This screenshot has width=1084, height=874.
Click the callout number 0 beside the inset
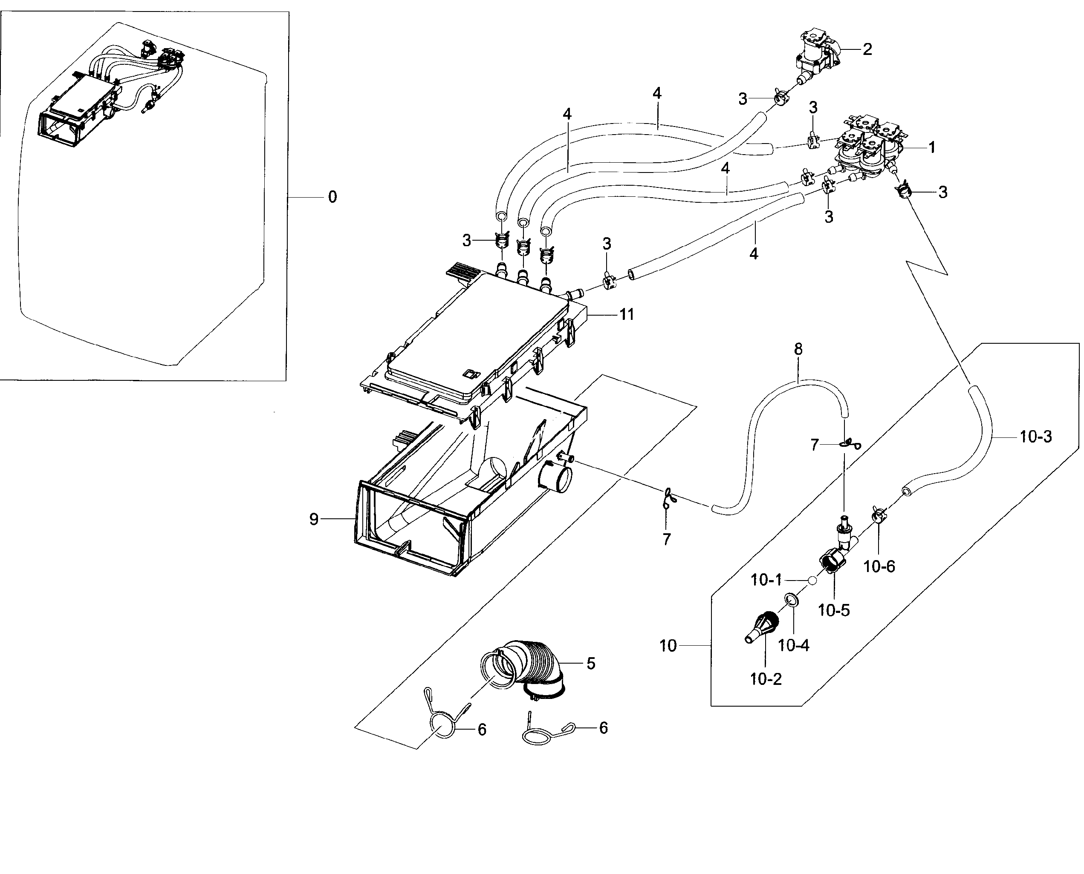point(332,197)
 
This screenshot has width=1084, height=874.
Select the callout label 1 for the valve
point(932,147)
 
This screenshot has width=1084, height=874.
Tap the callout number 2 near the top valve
point(867,49)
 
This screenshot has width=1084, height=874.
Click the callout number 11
point(626,315)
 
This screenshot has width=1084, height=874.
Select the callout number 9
point(314,519)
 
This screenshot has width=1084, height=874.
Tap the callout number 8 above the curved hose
point(798,349)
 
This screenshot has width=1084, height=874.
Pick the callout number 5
point(591,664)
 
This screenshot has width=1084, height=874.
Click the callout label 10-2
point(766,679)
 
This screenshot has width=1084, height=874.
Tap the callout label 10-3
point(1036,437)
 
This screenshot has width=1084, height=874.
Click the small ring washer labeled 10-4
point(791,600)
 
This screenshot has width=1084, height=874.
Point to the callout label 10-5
point(834,611)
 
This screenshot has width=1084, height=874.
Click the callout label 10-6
point(879,566)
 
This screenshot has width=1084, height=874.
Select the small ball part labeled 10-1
point(812,580)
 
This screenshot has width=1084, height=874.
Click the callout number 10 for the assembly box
point(668,646)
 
